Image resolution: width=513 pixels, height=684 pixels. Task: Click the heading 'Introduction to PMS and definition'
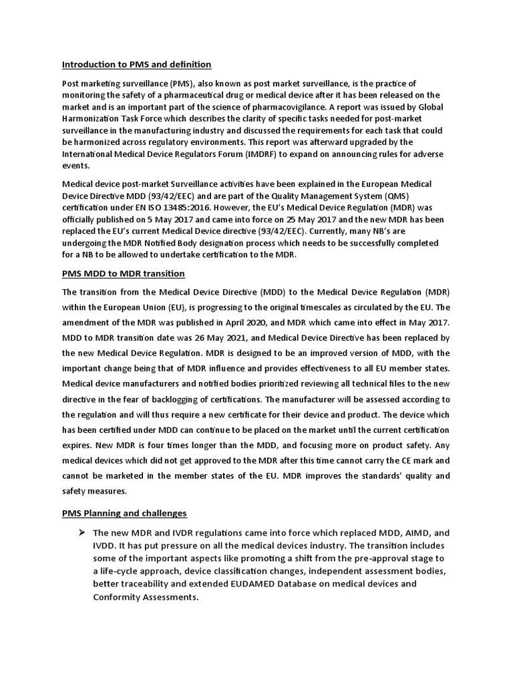tap(136, 65)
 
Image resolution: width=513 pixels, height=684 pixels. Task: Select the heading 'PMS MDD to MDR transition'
tap(123, 274)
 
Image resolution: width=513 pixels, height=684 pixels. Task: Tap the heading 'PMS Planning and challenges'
tap(124, 513)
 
